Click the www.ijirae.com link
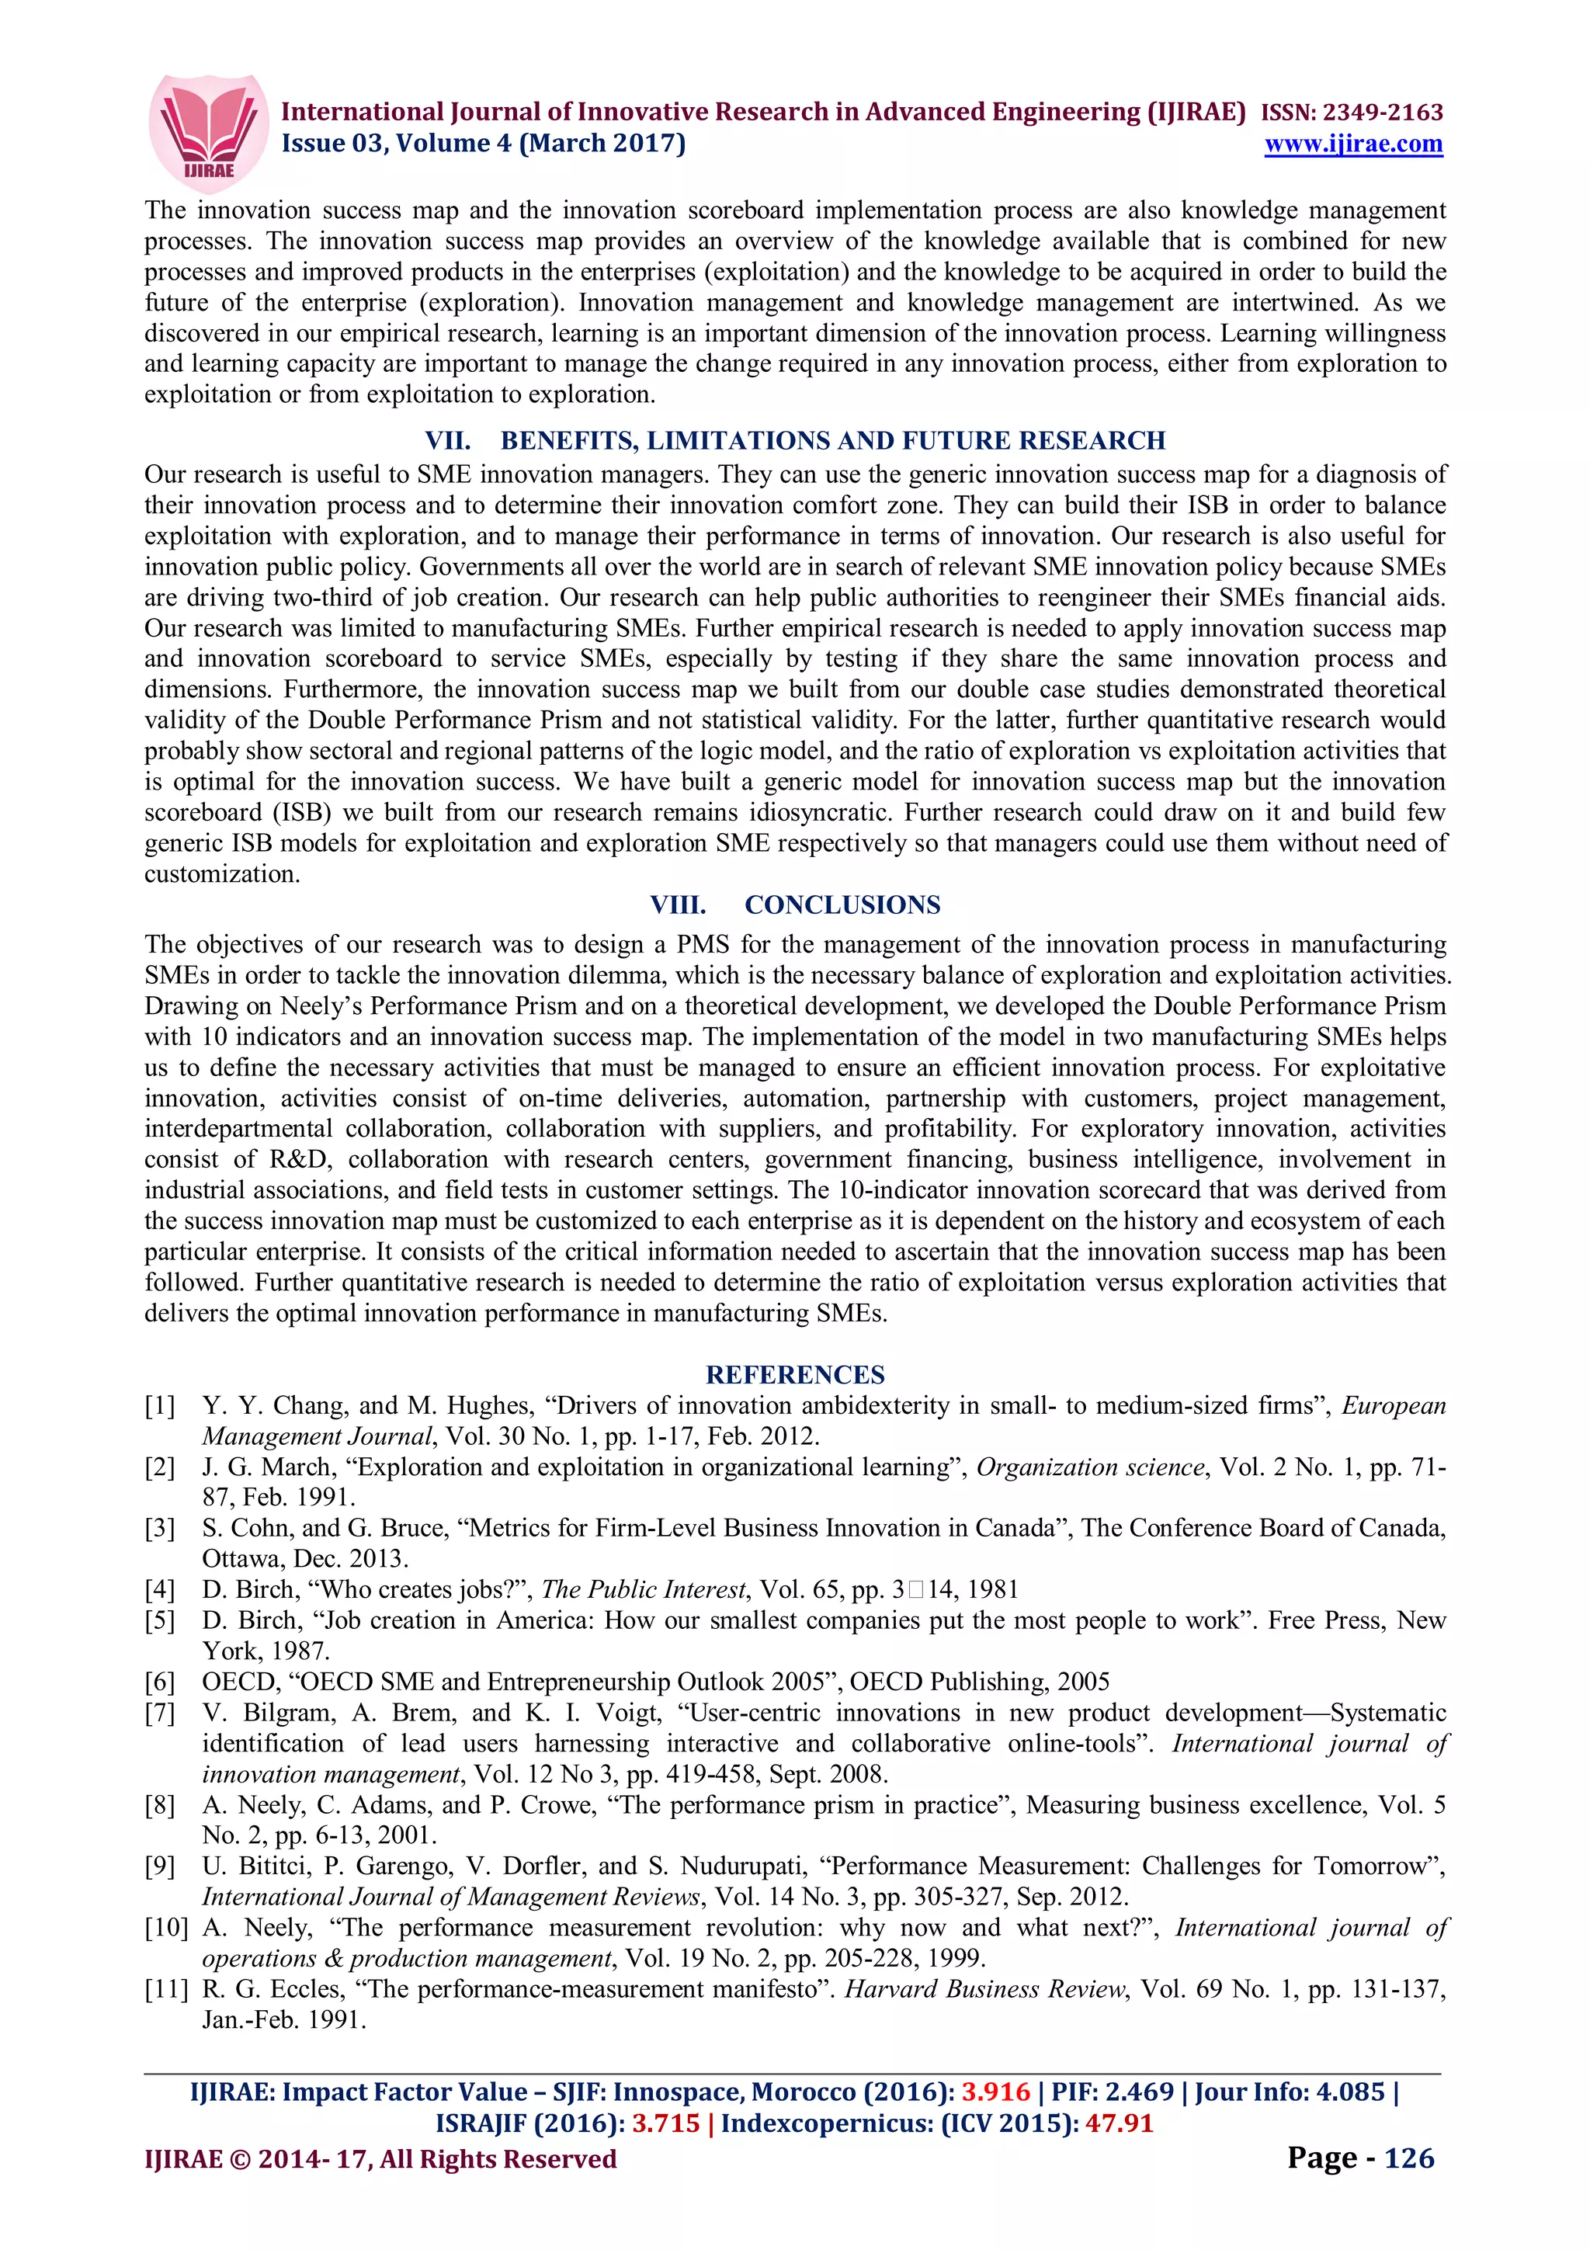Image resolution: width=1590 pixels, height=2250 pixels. pyautogui.click(x=1353, y=144)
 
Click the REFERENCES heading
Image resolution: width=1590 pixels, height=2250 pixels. pyautogui.click(x=794, y=1374)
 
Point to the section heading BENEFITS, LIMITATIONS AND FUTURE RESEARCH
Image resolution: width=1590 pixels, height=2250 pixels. pyautogui.click(x=833, y=441)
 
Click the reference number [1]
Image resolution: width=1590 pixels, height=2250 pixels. pyautogui.click(x=161, y=1406)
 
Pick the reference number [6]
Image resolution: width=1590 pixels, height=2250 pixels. pyautogui.click(x=161, y=1682)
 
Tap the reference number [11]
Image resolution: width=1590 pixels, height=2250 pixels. pyautogui.click(x=167, y=1989)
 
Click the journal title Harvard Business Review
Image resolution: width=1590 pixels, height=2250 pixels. pyautogui.click(x=985, y=1989)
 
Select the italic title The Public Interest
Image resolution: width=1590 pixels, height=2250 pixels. pyautogui.click(x=644, y=1589)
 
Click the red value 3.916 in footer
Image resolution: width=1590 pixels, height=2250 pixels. pyautogui.click(x=995, y=2092)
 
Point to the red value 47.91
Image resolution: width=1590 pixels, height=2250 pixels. pyautogui.click(x=1119, y=2123)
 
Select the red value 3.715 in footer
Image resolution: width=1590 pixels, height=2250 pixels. pyautogui.click(x=666, y=2123)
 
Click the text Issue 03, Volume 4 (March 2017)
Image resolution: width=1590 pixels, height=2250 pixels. pyautogui.click(x=484, y=144)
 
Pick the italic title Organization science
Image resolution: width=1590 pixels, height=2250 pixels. pyautogui.click(x=1089, y=1467)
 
